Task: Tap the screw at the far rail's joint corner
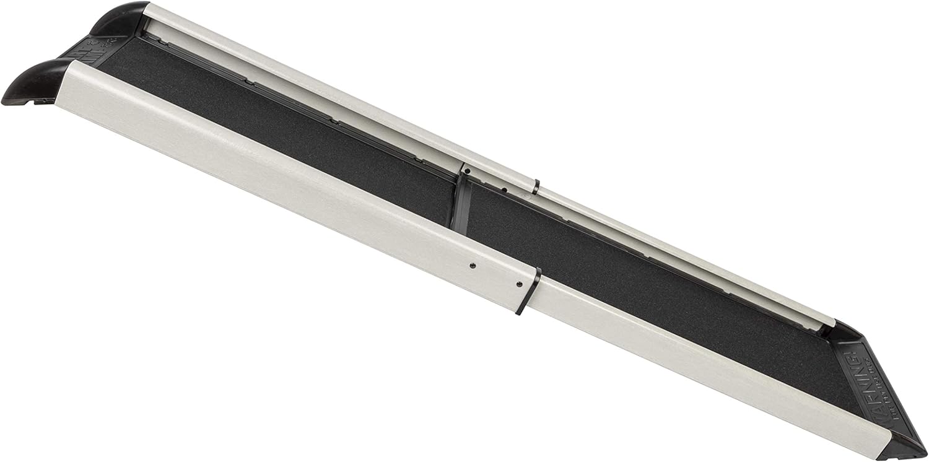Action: (x=467, y=170)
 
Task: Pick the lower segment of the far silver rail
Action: (x=681, y=254)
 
